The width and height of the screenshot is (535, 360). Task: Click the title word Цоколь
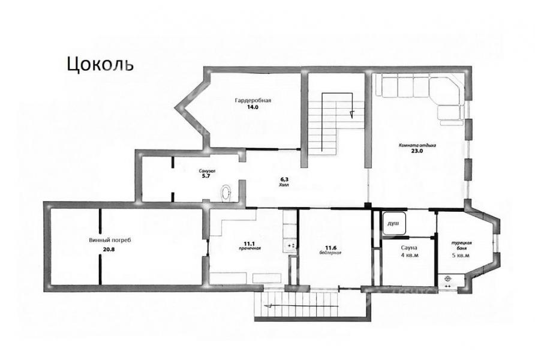click(x=100, y=64)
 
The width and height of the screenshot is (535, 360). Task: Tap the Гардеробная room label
click(x=253, y=100)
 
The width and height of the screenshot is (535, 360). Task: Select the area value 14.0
click(x=253, y=107)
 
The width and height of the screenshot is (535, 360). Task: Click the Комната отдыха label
click(x=417, y=145)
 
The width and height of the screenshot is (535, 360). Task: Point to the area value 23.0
click(x=417, y=151)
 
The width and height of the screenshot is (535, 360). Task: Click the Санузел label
click(x=208, y=171)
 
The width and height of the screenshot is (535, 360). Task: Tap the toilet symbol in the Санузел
click(x=226, y=193)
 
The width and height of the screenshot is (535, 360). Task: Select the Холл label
click(x=284, y=185)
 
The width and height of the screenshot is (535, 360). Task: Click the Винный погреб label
click(x=110, y=240)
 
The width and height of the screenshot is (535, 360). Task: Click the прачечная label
click(x=249, y=248)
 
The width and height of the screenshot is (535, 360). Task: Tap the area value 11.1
click(x=249, y=243)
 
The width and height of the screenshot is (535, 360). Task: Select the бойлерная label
click(x=330, y=253)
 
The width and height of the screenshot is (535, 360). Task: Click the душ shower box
click(x=394, y=223)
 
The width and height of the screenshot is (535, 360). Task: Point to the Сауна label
click(x=410, y=248)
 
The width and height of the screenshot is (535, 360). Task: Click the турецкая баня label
click(x=461, y=245)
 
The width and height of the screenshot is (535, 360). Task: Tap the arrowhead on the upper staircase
click(x=352, y=114)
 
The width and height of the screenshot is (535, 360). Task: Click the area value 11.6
click(x=330, y=248)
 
